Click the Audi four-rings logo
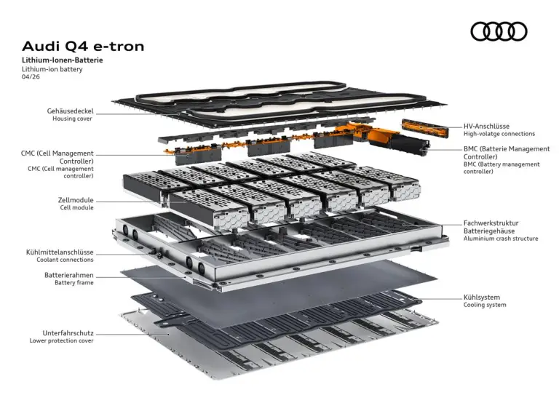point(499,31)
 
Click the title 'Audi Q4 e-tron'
point(83,46)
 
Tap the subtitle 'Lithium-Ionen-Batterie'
point(62,60)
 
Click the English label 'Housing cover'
point(72,119)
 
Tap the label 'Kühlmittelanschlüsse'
point(60,252)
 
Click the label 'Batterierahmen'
point(68,276)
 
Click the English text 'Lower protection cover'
point(61,340)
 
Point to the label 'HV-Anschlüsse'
point(488,126)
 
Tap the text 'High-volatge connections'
point(499,134)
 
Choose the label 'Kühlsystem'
point(482,297)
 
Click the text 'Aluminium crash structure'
point(501,239)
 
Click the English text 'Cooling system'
point(485,305)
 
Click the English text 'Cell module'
point(76,207)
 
